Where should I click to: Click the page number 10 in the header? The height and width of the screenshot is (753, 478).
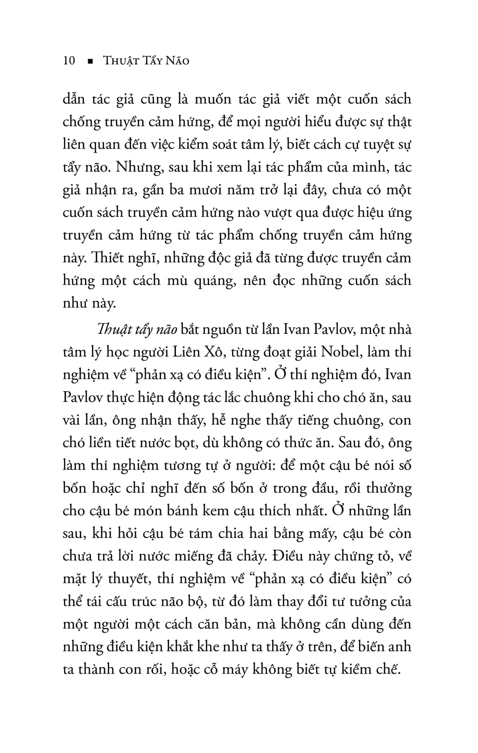pyautogui.click(x=69, y=61)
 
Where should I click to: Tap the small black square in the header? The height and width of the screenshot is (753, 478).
pyautogui.click(x=90, y=62)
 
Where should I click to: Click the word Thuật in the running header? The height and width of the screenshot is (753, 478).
pyautogui.click(x=119, y=61)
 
